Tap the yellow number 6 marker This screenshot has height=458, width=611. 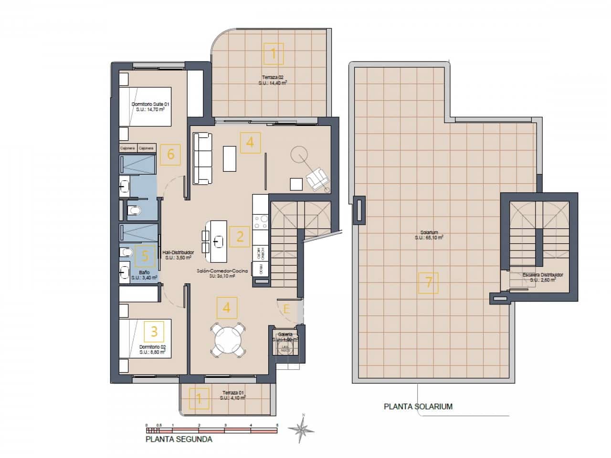point(171,155)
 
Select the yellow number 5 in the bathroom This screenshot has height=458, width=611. point(146,256)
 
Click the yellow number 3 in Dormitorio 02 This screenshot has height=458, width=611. point(154,331)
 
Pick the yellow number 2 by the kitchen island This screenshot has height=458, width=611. point(240,236)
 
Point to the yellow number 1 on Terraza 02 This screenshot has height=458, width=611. point(274,54)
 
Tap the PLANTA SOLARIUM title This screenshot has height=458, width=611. point(418,407)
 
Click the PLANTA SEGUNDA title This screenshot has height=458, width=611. point(179,439)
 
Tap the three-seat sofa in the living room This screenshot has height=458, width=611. point(202,158)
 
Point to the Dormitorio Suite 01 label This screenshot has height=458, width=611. point(150,106)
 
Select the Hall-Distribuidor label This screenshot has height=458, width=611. point(178,254)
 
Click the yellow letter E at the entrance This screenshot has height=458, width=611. point(286,309)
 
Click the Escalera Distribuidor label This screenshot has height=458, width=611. point(543,277)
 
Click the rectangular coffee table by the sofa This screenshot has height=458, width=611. point(229,158)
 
